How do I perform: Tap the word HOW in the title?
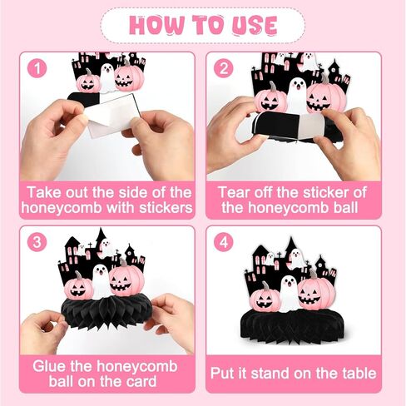point(156,26)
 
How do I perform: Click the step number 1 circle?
point(37,68)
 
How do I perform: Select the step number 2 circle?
point(223,68)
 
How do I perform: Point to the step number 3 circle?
point(37,242)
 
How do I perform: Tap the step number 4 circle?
point(223,242)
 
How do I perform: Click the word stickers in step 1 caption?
point(166,208)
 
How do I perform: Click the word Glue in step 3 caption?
point(49,367)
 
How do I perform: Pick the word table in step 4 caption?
point(359,374)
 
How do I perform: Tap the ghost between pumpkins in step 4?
point(289,294)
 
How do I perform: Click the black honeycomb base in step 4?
point(292,325)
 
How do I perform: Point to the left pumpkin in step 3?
point(79,288)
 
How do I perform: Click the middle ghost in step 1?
point(107,78)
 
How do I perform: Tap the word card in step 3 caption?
point(141,382)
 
